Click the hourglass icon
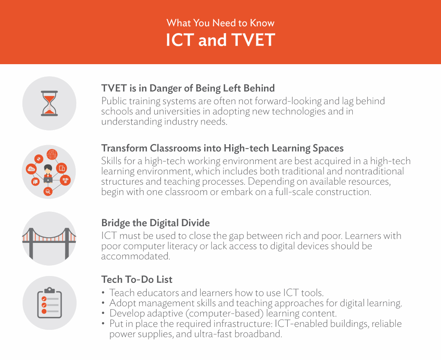[49, 103]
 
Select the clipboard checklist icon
[50, 303]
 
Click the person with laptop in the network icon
[48, 174]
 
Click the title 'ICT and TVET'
[220, 40]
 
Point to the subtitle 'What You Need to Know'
[220, 23]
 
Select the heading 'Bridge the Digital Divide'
[155, 223]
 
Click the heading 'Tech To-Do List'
[137, 279]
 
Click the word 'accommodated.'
[136, 256]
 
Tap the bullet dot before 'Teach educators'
[103, 293]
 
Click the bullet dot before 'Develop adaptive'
[103, 313]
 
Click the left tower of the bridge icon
[31, 244]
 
